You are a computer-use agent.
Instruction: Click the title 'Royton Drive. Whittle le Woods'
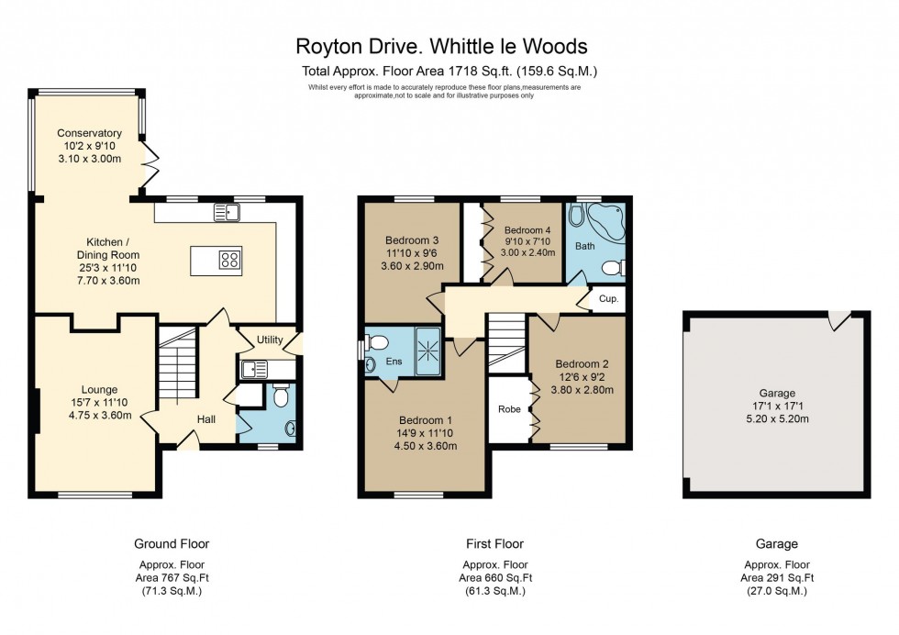tap(440, 45)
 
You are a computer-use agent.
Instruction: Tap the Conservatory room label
tap(89, 133)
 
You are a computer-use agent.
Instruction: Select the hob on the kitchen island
tap(229, 260)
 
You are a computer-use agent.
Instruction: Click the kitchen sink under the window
tap(226, 213)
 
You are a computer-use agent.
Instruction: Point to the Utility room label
tap(269, 340)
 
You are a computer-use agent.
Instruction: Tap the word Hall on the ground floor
tap(206, 419)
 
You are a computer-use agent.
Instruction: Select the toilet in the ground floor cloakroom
tap(282, 395)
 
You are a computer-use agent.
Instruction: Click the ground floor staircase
tap(173, 367)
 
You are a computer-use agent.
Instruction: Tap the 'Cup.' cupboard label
tap(607, 299)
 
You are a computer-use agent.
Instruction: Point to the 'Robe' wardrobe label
tap(509, 408)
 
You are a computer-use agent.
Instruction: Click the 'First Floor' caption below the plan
tap(494, 544)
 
